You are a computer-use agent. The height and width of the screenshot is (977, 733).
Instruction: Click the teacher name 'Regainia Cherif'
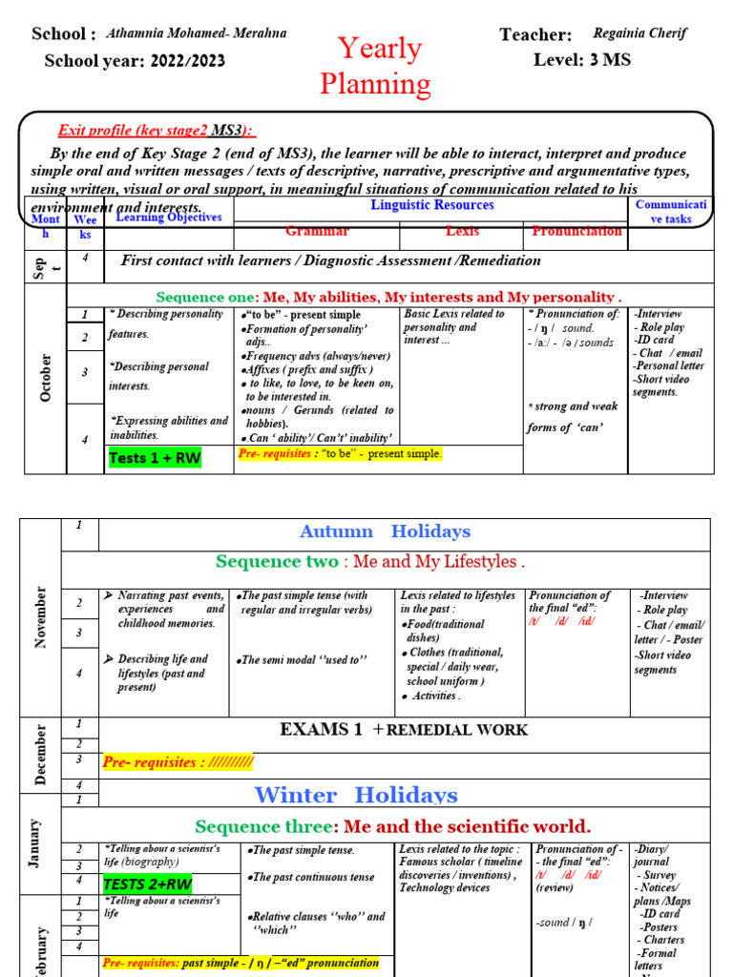639,32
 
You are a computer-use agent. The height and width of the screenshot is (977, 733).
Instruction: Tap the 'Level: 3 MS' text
581,60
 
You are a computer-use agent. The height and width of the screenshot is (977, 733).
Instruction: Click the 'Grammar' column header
317,232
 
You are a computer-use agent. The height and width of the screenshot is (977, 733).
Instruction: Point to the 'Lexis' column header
462,232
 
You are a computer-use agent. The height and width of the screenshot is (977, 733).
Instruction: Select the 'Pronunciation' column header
576,232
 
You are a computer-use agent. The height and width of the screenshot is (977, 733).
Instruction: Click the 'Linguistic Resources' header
432,205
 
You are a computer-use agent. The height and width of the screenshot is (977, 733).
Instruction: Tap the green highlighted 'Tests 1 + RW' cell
155,458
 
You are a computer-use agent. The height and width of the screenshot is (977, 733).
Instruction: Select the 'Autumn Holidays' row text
385,531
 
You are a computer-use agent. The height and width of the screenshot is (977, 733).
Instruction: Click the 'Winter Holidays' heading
356,795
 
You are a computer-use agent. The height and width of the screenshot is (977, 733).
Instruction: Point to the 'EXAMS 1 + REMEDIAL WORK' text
403,730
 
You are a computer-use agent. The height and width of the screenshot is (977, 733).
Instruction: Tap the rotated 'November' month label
40,617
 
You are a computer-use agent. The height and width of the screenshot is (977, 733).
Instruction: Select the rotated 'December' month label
40,754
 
